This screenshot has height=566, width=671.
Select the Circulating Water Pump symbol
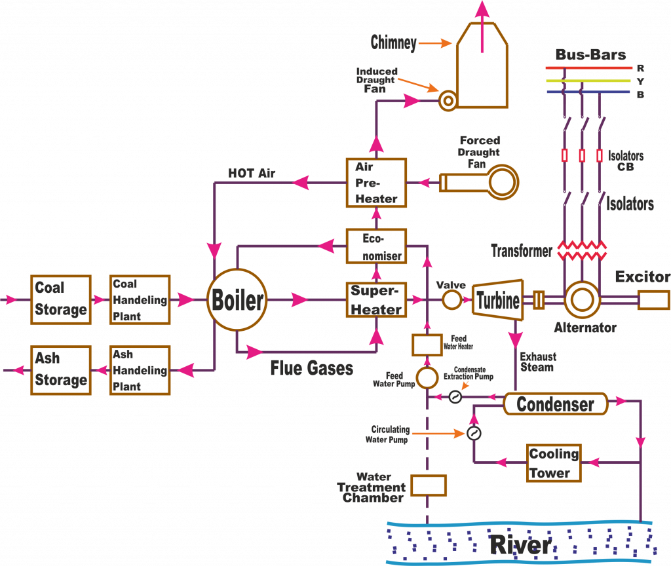(473, 434)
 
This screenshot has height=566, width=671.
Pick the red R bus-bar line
(589, 67)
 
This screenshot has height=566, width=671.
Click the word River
(520, 545)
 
